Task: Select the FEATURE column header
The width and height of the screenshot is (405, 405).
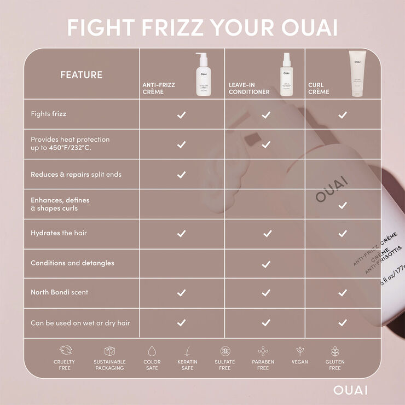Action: click(81, 74)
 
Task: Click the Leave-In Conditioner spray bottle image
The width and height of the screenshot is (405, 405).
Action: click(285, 74)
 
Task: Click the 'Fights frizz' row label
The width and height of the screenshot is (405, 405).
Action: click(48, 114)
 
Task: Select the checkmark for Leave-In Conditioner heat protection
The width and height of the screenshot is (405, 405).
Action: click(266, 144)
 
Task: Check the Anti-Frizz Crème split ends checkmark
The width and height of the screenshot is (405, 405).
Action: click(182, 175)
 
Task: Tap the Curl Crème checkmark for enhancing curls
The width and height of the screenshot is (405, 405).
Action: click(343, 205)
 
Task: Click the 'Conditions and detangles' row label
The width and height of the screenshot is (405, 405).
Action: click(72, 263)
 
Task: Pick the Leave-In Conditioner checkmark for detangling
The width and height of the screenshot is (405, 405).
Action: click(266, 264)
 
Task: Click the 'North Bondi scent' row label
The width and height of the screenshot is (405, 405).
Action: click(59, 292)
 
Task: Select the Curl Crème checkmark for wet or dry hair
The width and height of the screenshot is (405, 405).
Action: click(343, 323)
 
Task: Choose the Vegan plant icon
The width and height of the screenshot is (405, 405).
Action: click(300, 351)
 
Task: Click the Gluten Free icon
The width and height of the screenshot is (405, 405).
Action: click(335, 351)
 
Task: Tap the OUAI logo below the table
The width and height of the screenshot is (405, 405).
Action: click(350, 390)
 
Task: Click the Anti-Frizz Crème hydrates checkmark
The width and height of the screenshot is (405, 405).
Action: click(182, 233)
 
